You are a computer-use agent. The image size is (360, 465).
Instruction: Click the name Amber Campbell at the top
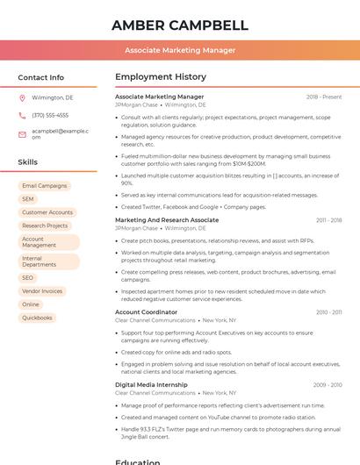(180, 25)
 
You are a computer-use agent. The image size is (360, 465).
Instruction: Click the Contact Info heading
(41, 77)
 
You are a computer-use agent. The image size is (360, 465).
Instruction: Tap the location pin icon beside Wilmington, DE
(22, 98)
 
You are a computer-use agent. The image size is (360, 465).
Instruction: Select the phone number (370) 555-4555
(50, 115)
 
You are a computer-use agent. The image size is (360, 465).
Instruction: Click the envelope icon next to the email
(22, 133)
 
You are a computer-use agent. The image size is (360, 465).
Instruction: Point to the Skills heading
(28, 162)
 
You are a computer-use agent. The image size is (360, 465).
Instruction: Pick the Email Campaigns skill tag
(44, 186)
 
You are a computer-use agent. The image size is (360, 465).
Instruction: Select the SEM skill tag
(28, 199)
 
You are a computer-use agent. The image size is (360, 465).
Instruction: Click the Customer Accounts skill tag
(47, 212)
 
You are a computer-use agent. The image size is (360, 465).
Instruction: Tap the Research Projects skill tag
(45, 225)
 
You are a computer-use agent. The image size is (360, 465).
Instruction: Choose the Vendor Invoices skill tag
(42, 290)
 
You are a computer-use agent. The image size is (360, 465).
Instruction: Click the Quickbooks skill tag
(37, 318)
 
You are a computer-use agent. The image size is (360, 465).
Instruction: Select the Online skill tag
(31, 304)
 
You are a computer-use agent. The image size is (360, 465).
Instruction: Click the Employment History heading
(161, 77)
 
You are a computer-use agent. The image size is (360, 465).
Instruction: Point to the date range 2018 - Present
(324, 97)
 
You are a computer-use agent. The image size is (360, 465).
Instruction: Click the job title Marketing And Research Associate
(167, 220)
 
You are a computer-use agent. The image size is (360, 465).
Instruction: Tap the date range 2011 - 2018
(328, 220)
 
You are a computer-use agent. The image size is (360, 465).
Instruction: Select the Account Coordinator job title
(146, 312)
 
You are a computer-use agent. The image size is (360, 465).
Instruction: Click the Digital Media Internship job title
(151, 385)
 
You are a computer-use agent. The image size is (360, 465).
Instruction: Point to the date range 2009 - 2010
(328, 385)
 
